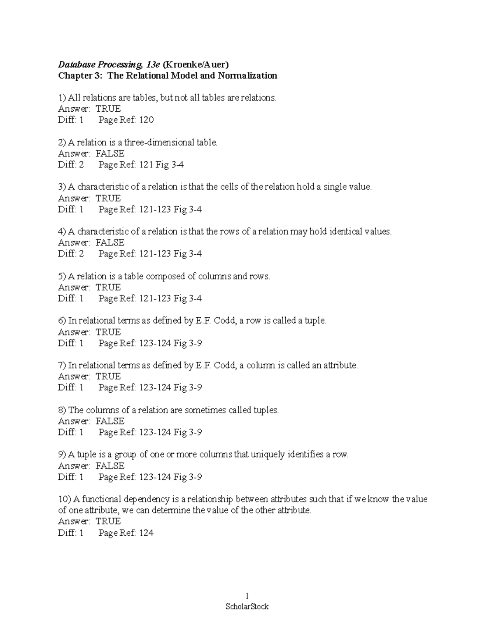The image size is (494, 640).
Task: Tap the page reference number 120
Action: [x=147, y=120]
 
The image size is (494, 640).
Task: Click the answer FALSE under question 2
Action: [x=110, y=154]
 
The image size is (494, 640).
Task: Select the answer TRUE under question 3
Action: [x=108, y=198]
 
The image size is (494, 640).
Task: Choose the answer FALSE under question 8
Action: [x=110, y=421]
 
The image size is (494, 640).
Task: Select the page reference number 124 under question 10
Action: [x=147, y=533]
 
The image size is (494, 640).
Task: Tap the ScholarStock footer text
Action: [x=247, y=607]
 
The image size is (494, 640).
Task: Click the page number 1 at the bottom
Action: [x=247, y=595]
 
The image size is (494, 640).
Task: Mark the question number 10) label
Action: [x=65, y=499]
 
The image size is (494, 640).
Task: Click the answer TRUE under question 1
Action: [x=108, y=109]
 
